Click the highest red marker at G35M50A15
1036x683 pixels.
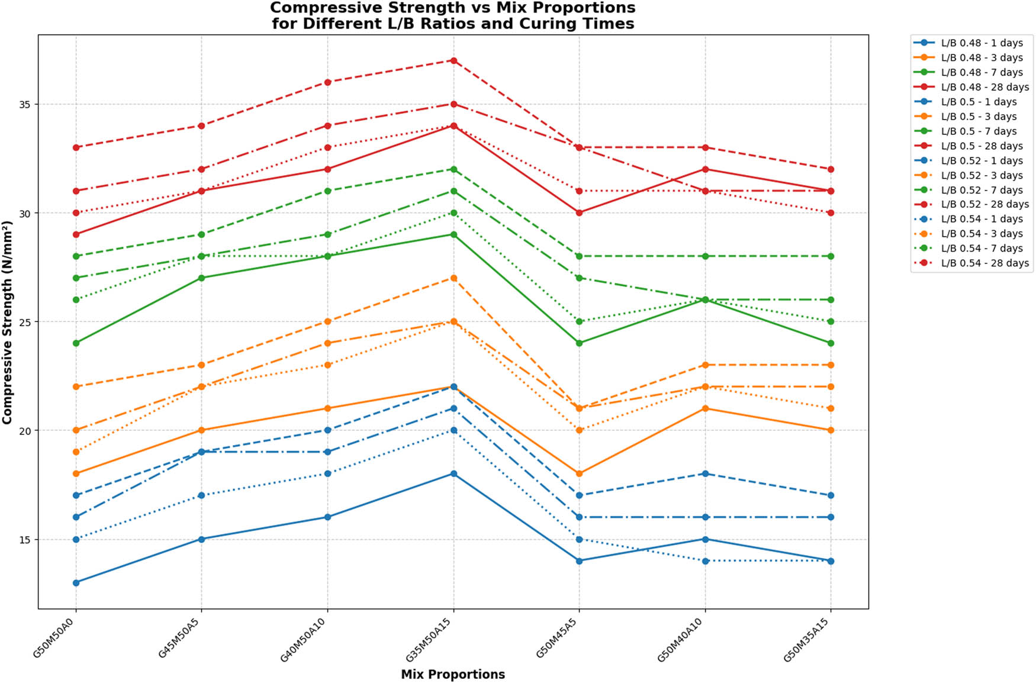[x=453, y=60]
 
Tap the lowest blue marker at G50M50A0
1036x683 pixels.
[x=76, y=583]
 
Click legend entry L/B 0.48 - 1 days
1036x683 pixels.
[x=982, y=43]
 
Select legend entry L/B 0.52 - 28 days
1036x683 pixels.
[x=984, y=204]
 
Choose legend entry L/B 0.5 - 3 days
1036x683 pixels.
[x=979, y=117]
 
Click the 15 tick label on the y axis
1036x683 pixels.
[x=25, y=540]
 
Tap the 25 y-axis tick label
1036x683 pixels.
[x=25, y=322]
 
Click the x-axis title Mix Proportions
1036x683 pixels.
[x=453, y=675]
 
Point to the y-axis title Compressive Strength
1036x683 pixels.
[x=7, y=322]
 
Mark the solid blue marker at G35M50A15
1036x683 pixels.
[x=453, y=473]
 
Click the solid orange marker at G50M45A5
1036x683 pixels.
[x=579, y=473]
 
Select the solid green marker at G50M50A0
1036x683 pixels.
[x=76, y=343]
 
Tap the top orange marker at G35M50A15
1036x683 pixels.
[x=453, y=278]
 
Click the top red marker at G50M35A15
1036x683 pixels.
[x=831, y=169]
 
